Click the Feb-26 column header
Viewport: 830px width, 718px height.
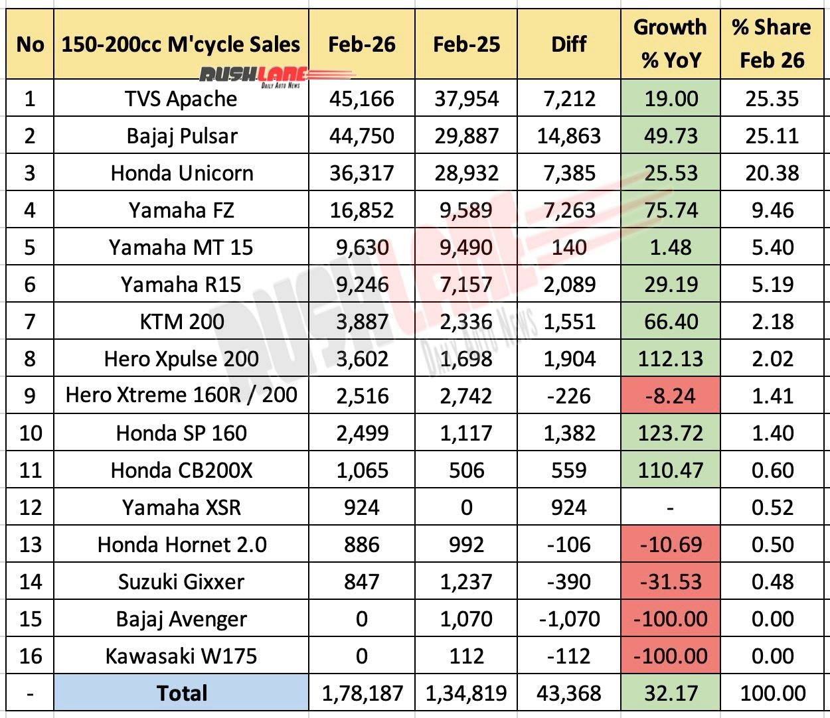(x=362, y=44)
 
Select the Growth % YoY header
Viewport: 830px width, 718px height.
(x=671, y=44)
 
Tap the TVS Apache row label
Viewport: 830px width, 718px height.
(x=181, y=99)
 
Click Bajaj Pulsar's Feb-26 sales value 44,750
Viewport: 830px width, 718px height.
(x=362, y=136)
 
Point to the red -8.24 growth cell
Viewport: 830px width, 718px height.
(x=671, y=396)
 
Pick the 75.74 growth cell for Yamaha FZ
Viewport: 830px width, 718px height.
(x=671, y=210)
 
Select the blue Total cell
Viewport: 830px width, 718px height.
(x=181, y=693)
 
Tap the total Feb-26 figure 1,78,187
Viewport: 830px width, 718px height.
(x=362, y=693)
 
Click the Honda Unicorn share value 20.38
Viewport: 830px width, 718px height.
(x=772, y=173)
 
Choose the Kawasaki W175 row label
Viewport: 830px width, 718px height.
(x=181, y=656)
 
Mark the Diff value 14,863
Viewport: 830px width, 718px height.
(x=569, y=136)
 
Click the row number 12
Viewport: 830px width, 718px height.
(x=30, y=508)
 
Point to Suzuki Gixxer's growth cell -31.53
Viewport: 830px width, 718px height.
(x=671, y=582)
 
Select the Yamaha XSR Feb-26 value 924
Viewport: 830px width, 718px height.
(x=362, y=508)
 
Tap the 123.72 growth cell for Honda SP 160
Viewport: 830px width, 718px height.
(x=671, y=433)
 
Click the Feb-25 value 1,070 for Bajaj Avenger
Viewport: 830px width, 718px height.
(x=466, y=619)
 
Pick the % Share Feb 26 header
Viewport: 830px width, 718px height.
(x=772, y=44)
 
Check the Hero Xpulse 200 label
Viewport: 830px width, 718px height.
(x=181, y=359)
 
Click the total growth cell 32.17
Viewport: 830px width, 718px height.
(x=671, y=693)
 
